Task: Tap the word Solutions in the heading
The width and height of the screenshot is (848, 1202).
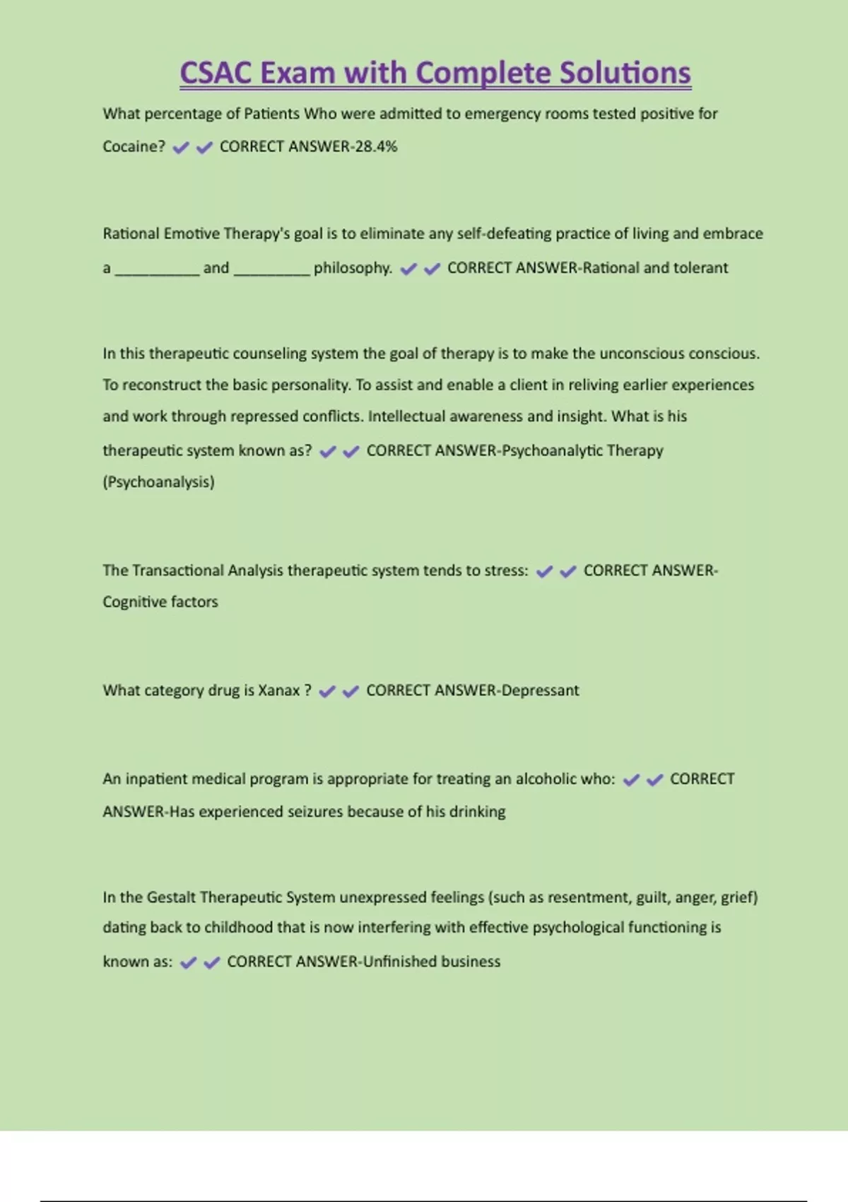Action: point(625,74)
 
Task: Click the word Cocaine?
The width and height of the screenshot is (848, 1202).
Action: point(134,146)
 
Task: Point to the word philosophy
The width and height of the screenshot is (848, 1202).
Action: point(353,268)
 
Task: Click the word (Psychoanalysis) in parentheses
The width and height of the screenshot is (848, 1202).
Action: point(158,482)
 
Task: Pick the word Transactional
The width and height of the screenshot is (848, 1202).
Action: point(178,571)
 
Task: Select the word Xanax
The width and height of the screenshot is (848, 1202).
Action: point(278,690)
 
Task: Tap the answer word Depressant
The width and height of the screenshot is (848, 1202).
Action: point(540,690)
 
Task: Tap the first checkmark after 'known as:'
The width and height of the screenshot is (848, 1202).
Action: point(188,962)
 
